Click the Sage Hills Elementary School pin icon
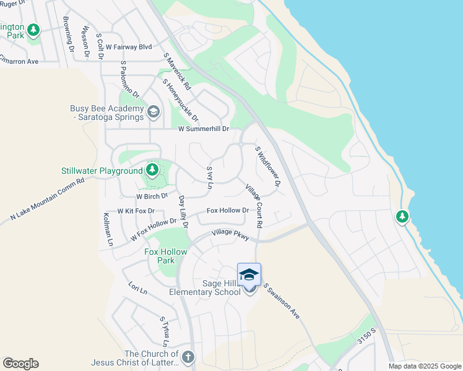[249, 275]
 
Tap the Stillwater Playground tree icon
[152, 169]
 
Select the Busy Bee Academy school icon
[154, 113]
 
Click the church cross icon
[188, 357]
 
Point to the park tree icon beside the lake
[402, 216]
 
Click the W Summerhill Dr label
[204, 129]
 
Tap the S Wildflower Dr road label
[268, 166]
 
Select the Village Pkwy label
[230, 234]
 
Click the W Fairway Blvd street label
[129, 46]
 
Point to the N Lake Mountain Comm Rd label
[47, 200]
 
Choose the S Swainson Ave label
[282, 301]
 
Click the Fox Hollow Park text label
[160, 256]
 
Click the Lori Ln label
[137, 288]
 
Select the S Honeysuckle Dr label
[181, 100]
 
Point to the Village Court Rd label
[254, 205]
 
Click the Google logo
[20, 364]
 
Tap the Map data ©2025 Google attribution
[425, 366]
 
